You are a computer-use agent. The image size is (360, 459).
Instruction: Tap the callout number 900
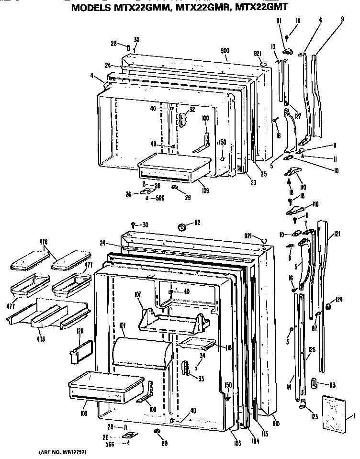pyautogui.click(x=225, y=50)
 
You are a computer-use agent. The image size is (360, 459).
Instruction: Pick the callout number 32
pyautogui.click(x=192, y=109)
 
